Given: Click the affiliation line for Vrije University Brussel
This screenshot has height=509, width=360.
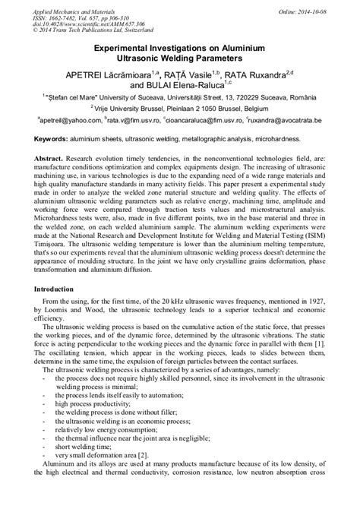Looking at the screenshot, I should (x=179, y=110).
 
